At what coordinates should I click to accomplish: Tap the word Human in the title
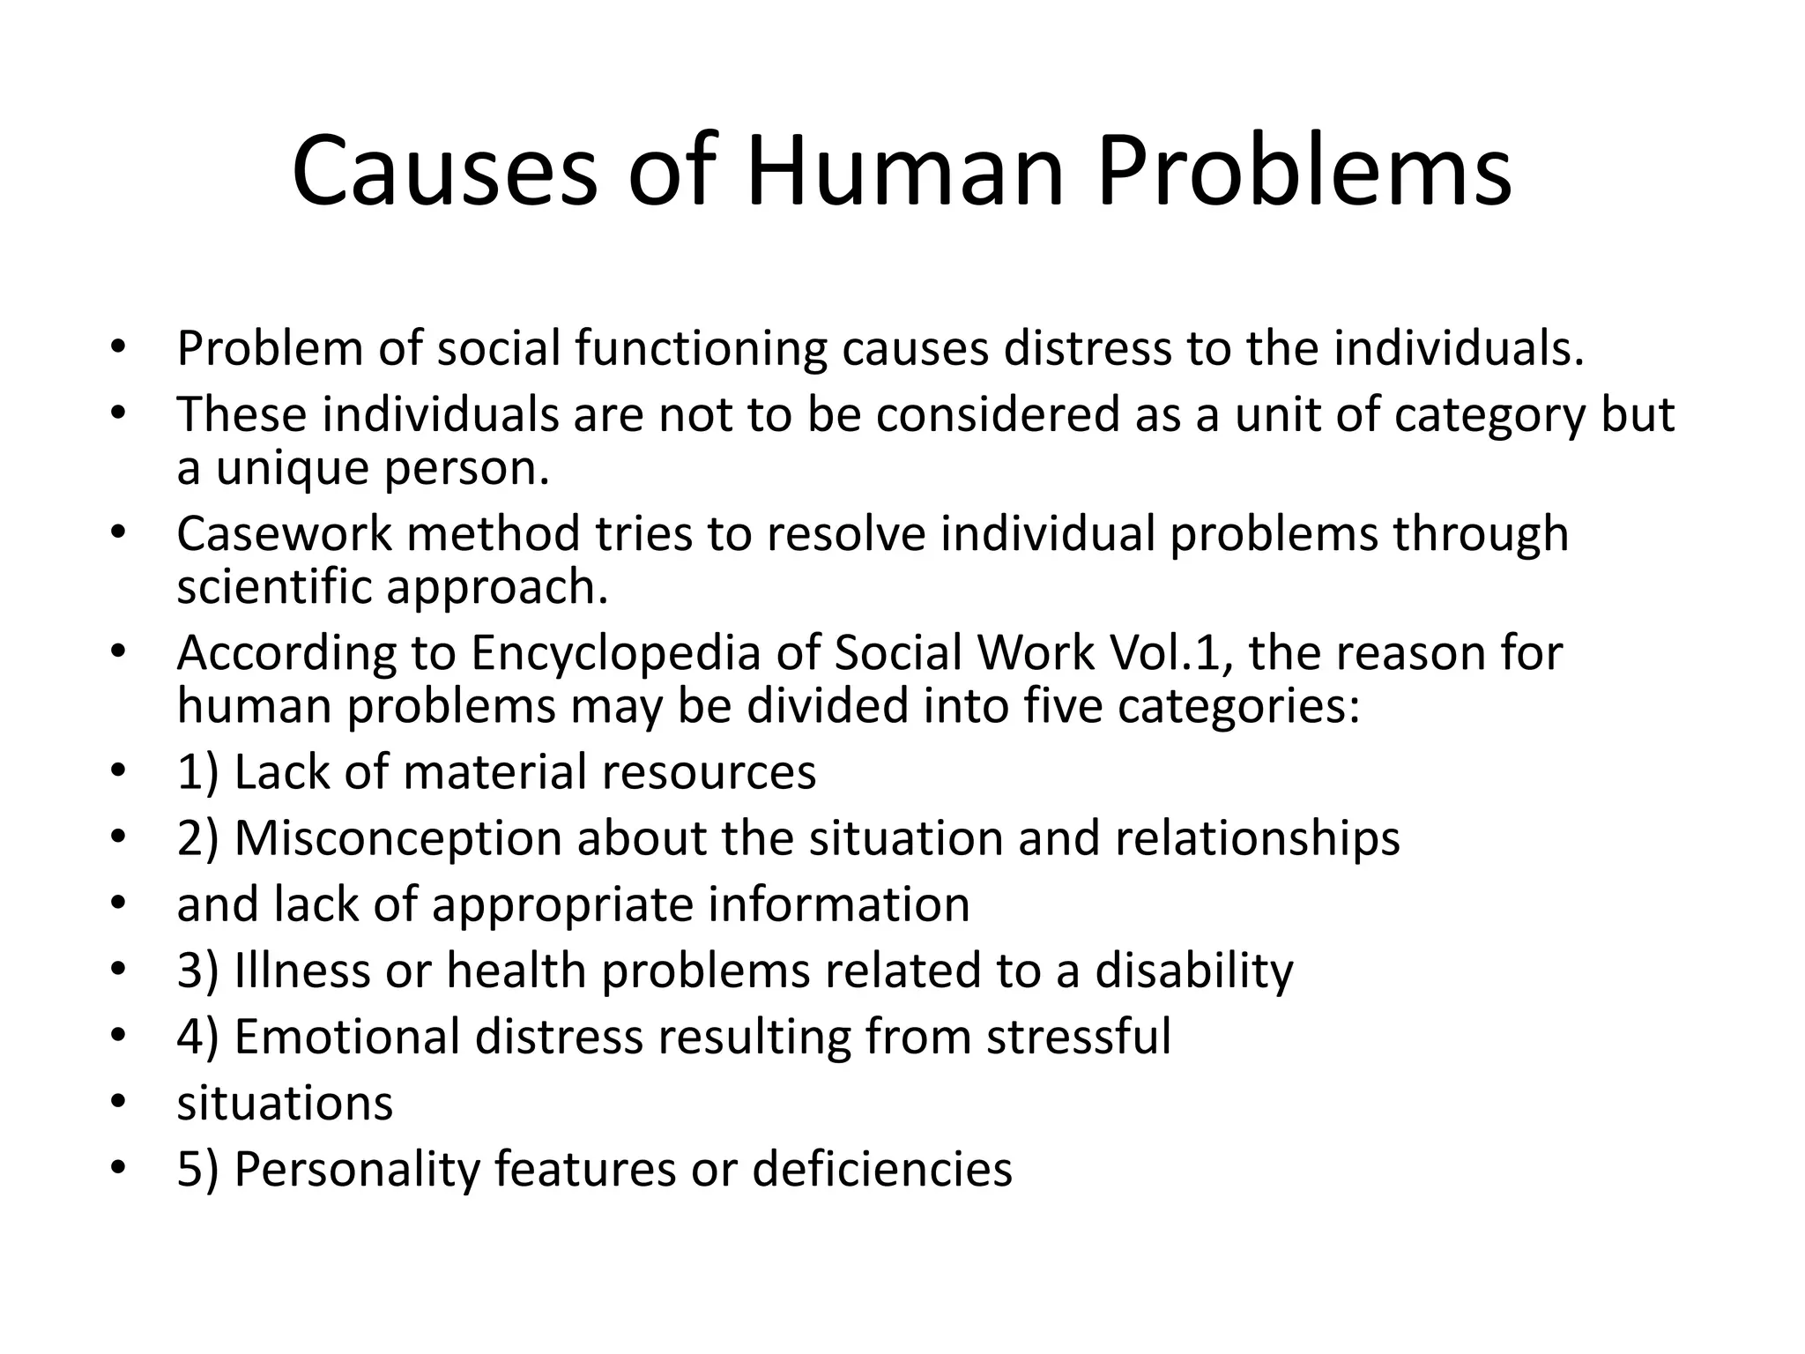tap(905, 171)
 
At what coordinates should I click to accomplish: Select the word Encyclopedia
tap(614, 654)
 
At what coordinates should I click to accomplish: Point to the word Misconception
tap(397, 838)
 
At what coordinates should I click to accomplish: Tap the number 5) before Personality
tap(197, 1170)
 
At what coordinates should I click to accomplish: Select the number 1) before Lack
tap(197, 772)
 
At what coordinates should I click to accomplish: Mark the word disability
tap(1194, 971)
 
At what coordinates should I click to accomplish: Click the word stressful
tap(1079, 1037)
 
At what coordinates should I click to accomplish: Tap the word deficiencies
tap(882, 1170)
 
